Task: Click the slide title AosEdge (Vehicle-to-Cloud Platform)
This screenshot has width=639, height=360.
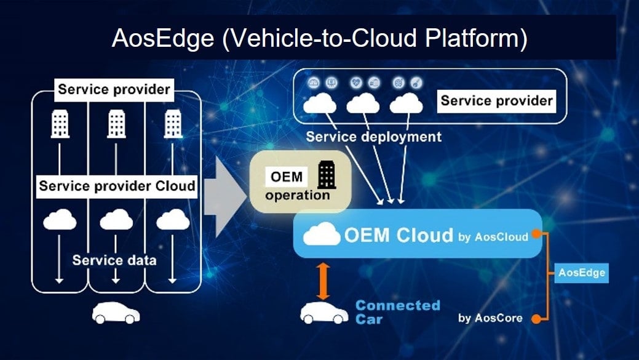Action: pyautogui.click(x=319, y=38)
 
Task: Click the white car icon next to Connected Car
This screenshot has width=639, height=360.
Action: pyautogui.click(x=323, y=313)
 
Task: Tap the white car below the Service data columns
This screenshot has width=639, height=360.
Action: pyautogui.click(x=116, y=313)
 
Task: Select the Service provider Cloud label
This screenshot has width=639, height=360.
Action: pyautogui.click(x=117, y=186)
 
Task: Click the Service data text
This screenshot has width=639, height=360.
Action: pyautogui.click(x=114, y=260)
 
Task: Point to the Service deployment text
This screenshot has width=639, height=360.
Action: pyautogui.click(x=374, y=137)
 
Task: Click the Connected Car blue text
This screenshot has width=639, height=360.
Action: pyautogui.click(x=397, y=312)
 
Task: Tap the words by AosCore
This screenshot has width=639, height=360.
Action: pyautogui.click(x=490, y=318)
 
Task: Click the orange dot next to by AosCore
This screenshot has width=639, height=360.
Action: pyautogui.click(x=536, y=318)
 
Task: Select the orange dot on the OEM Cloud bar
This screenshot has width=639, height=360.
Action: pyautogui.click(x=536, y=234)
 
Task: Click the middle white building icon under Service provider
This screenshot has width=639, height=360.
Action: pyautogui.click(x=116, y=125)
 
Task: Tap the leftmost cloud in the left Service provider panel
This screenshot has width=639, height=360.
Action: pyautogui.click(x=60, y=219)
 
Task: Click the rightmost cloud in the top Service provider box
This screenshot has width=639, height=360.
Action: pyautogui.click(x=406, y=104)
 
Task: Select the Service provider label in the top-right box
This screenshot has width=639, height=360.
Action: pyautogui.click(x=496, y=100)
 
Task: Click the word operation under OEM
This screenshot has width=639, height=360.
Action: pyautogui.click(x=298, y=195)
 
